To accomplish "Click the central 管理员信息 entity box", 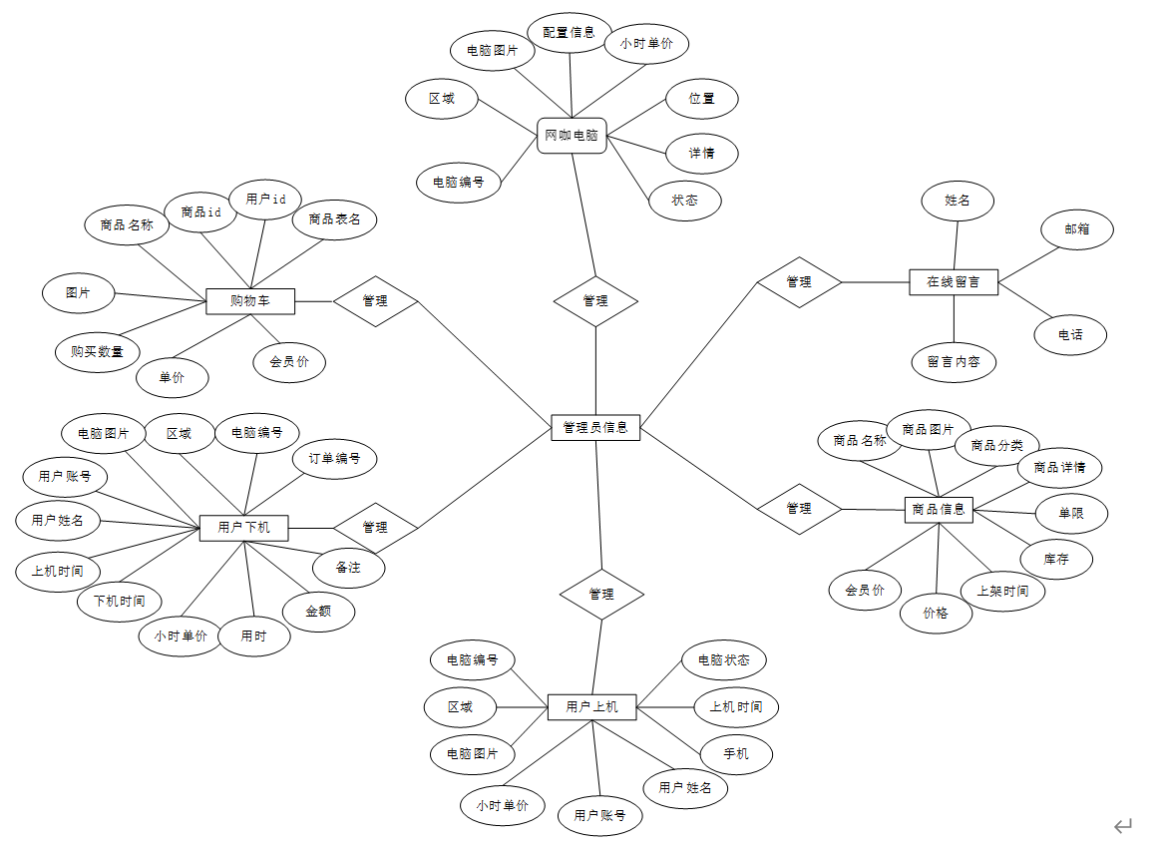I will [x=595, y=427].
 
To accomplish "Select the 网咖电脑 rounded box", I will [x=572, y=135].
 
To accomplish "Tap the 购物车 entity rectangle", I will [x=249, y=300].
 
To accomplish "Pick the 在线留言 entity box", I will [x=954, y=281].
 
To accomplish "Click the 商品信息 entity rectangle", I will [x=939, y=509].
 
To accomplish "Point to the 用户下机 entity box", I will [x=243, y=527].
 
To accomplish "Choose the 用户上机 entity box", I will [x=591, y=706].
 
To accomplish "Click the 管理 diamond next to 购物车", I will [x=375, y=300].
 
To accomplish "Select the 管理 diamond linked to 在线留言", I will [x=799, y=282].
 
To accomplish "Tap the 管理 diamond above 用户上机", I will [x=601, y=594].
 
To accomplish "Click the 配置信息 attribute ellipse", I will [x=569, y=32].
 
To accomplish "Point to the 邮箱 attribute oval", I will [x=1076, y=228].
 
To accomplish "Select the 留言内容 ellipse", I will [x=954, y=361].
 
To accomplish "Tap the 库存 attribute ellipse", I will [x=1056, y=559].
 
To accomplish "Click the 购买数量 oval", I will [x=97, y=351].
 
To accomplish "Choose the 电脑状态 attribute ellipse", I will [x=724, y=659].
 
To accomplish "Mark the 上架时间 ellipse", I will [x=1002, y=590].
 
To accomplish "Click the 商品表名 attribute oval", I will [x=334, y=218].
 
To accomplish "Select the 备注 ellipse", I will [x=348, y=567].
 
